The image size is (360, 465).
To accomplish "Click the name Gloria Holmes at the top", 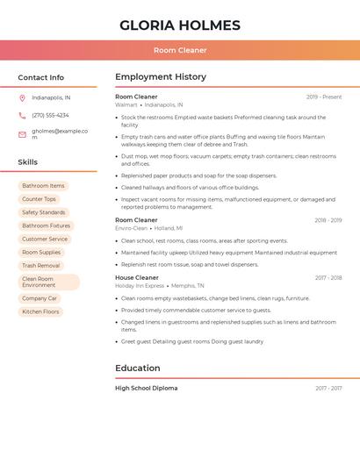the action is (179, 25).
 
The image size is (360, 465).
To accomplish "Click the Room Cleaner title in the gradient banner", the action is (179, 50).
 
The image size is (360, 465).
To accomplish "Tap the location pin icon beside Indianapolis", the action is (22, 98).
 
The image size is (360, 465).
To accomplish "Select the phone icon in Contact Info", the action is (22, 115).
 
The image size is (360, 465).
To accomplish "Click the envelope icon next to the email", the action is (22, 134).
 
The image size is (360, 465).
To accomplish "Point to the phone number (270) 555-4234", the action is (50, 115).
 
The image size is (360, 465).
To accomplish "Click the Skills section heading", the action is (28, 162).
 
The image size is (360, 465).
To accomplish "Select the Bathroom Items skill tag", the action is (43, 186).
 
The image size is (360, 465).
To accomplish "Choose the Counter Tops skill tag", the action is (39, 199).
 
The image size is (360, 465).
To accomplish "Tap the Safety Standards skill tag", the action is (44, 212).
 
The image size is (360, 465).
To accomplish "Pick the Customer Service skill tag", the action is (45, 239).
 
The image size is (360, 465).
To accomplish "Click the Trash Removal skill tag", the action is (41, 265).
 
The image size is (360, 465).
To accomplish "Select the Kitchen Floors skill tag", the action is (40, 311).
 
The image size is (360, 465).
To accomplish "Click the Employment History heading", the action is (161, 77).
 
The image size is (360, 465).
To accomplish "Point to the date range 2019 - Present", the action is (324, 97).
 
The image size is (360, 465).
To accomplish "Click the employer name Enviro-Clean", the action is (131, 228).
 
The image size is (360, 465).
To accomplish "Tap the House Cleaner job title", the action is (137, 277).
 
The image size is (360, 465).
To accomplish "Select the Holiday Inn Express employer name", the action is (140, 285).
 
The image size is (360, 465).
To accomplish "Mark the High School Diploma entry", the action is (146, 388).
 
